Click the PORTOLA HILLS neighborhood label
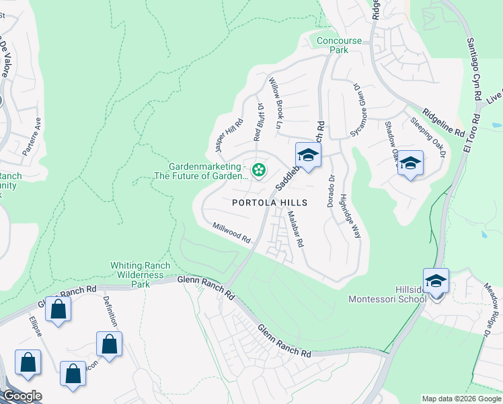[270, 203]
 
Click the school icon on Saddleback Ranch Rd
[308, 156]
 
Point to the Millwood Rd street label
[231, 234]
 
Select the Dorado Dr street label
[331, 191]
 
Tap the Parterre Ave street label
[32, 137]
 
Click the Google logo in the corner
[22, 396]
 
